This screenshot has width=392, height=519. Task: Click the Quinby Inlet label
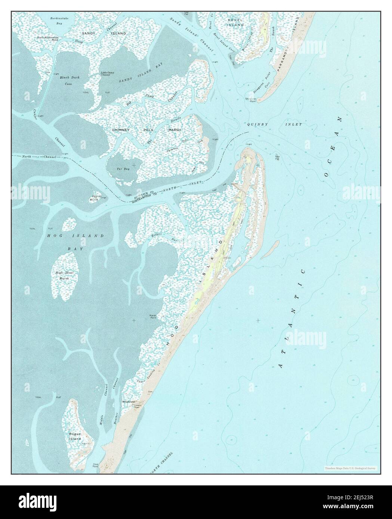pos(274,124)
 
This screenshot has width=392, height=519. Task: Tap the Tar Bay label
pos(123,169)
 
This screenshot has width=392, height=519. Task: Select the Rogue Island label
pos(75,436)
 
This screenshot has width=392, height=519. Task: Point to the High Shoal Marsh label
pos(65,276)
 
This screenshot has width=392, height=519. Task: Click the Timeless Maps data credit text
pos(351,468)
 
